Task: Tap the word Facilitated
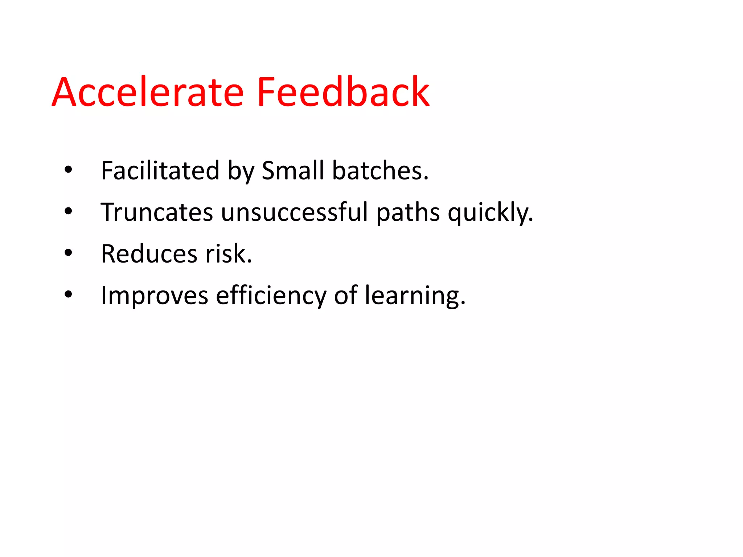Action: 160,170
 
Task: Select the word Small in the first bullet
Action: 293,170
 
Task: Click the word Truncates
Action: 157,212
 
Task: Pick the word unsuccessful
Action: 294,212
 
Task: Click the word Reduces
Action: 149,254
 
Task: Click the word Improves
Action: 155,296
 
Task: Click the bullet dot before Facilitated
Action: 68,170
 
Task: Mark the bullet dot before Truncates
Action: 68,211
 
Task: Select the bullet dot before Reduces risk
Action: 68,253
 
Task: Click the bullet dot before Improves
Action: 68,294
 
